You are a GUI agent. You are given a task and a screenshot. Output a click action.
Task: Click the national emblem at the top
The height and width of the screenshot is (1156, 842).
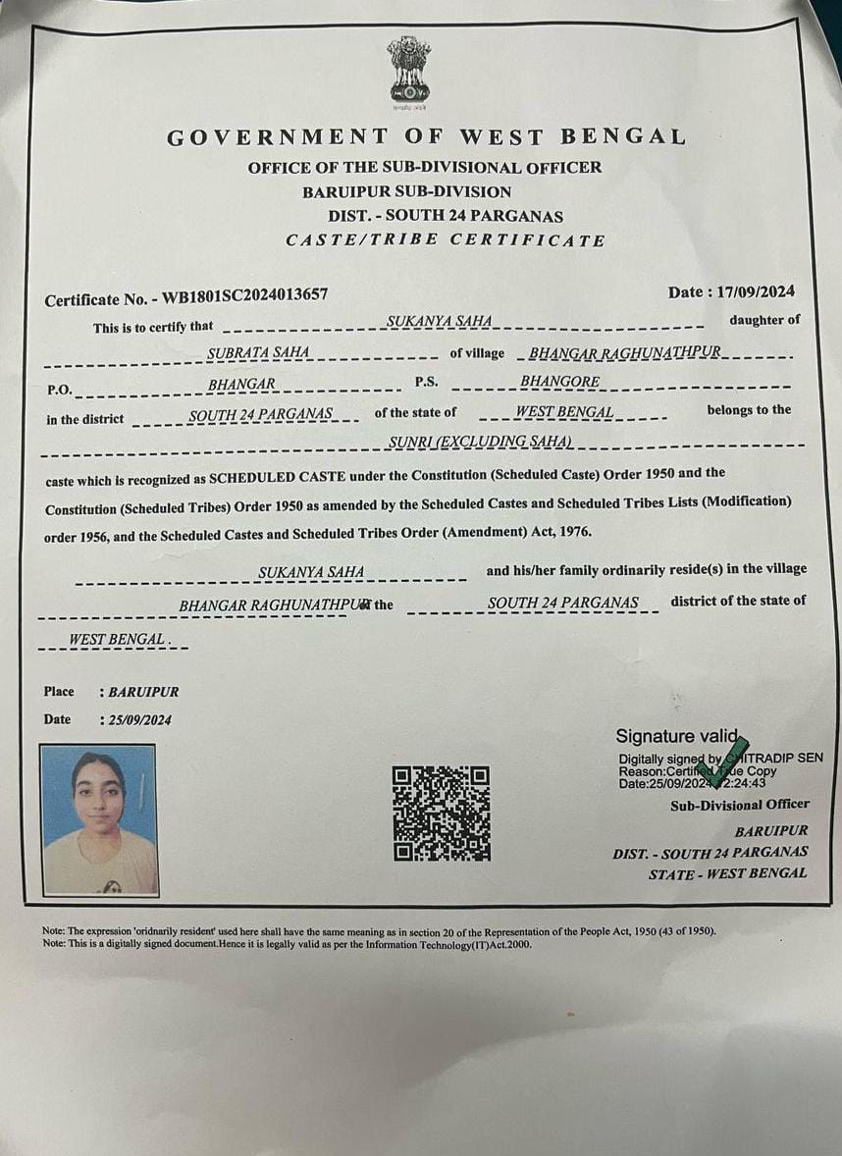408,69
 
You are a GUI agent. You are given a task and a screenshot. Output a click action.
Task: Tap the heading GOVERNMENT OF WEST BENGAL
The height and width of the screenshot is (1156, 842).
426,137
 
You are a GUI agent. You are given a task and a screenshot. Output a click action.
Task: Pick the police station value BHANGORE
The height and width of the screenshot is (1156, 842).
559,381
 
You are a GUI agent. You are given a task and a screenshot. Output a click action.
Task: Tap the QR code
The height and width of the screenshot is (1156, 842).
441,814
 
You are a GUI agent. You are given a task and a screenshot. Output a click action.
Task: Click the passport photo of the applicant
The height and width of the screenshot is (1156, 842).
99,819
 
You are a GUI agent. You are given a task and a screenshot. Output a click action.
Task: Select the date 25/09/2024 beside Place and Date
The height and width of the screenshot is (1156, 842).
138,720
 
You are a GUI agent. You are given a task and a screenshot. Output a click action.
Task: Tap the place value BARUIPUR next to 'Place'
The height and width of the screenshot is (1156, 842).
143,692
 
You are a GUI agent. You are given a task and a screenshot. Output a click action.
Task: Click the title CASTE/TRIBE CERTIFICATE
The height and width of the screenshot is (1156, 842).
445,240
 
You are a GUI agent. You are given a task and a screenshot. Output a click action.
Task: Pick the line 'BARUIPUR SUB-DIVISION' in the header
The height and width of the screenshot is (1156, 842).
406,191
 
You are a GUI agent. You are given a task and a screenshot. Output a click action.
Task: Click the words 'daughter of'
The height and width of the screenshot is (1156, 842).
764,320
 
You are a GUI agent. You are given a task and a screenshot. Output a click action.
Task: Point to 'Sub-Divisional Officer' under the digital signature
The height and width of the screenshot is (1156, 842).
739,805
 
